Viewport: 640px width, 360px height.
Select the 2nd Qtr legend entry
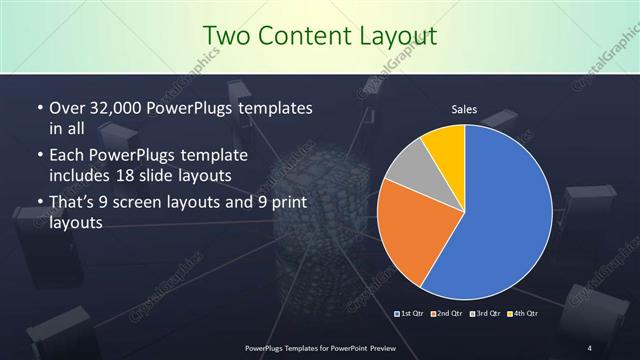pyautogui.click(x=448, y=313)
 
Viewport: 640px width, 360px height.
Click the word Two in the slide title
pyautogui.click(x=226, y=37)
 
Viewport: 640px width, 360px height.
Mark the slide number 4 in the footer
pyautogui.click(x=590, y=347)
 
